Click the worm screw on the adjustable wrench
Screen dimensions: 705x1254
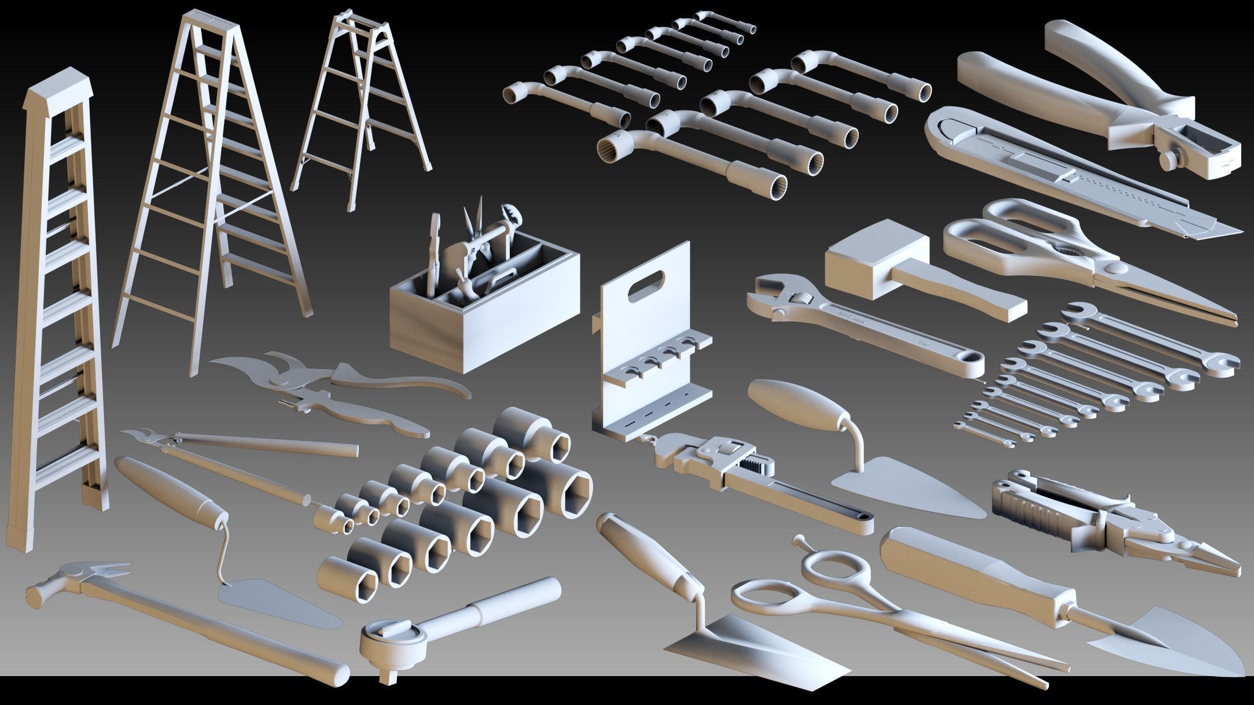[801, 300]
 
